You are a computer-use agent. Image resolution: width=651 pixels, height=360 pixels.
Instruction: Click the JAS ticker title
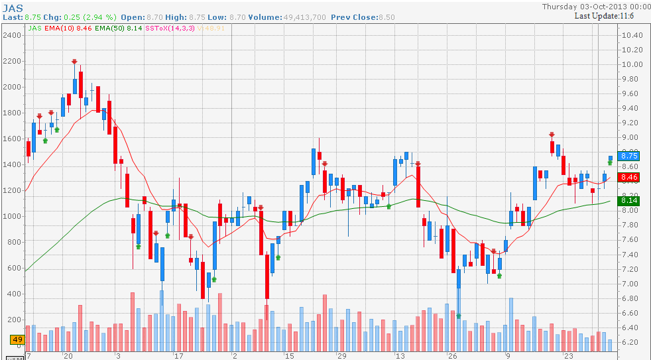coord(13,7)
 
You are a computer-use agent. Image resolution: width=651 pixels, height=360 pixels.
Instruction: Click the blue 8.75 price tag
coord(628,156)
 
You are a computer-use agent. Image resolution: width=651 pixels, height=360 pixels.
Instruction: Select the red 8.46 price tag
coord(628,178)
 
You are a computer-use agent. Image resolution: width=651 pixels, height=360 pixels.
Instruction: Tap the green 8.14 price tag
coord(628,200)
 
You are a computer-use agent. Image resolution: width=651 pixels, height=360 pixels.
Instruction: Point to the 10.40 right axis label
coord(633,34)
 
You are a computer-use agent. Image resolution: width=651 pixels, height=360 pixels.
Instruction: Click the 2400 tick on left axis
coord(11,35)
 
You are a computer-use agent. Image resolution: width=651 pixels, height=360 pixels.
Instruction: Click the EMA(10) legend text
coord(59,29)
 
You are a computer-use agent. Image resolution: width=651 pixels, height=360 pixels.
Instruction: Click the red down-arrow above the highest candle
coord(75,62)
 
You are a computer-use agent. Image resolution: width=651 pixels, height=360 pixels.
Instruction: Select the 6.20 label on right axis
coord(633,342)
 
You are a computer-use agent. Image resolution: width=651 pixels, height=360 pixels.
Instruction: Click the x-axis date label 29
coord(342,356)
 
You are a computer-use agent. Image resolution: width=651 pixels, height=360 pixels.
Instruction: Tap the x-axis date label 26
coord(452,356)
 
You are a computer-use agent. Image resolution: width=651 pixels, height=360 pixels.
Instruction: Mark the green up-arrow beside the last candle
coord(610,162)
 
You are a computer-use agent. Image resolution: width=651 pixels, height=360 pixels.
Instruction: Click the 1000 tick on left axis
coord(11,216)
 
